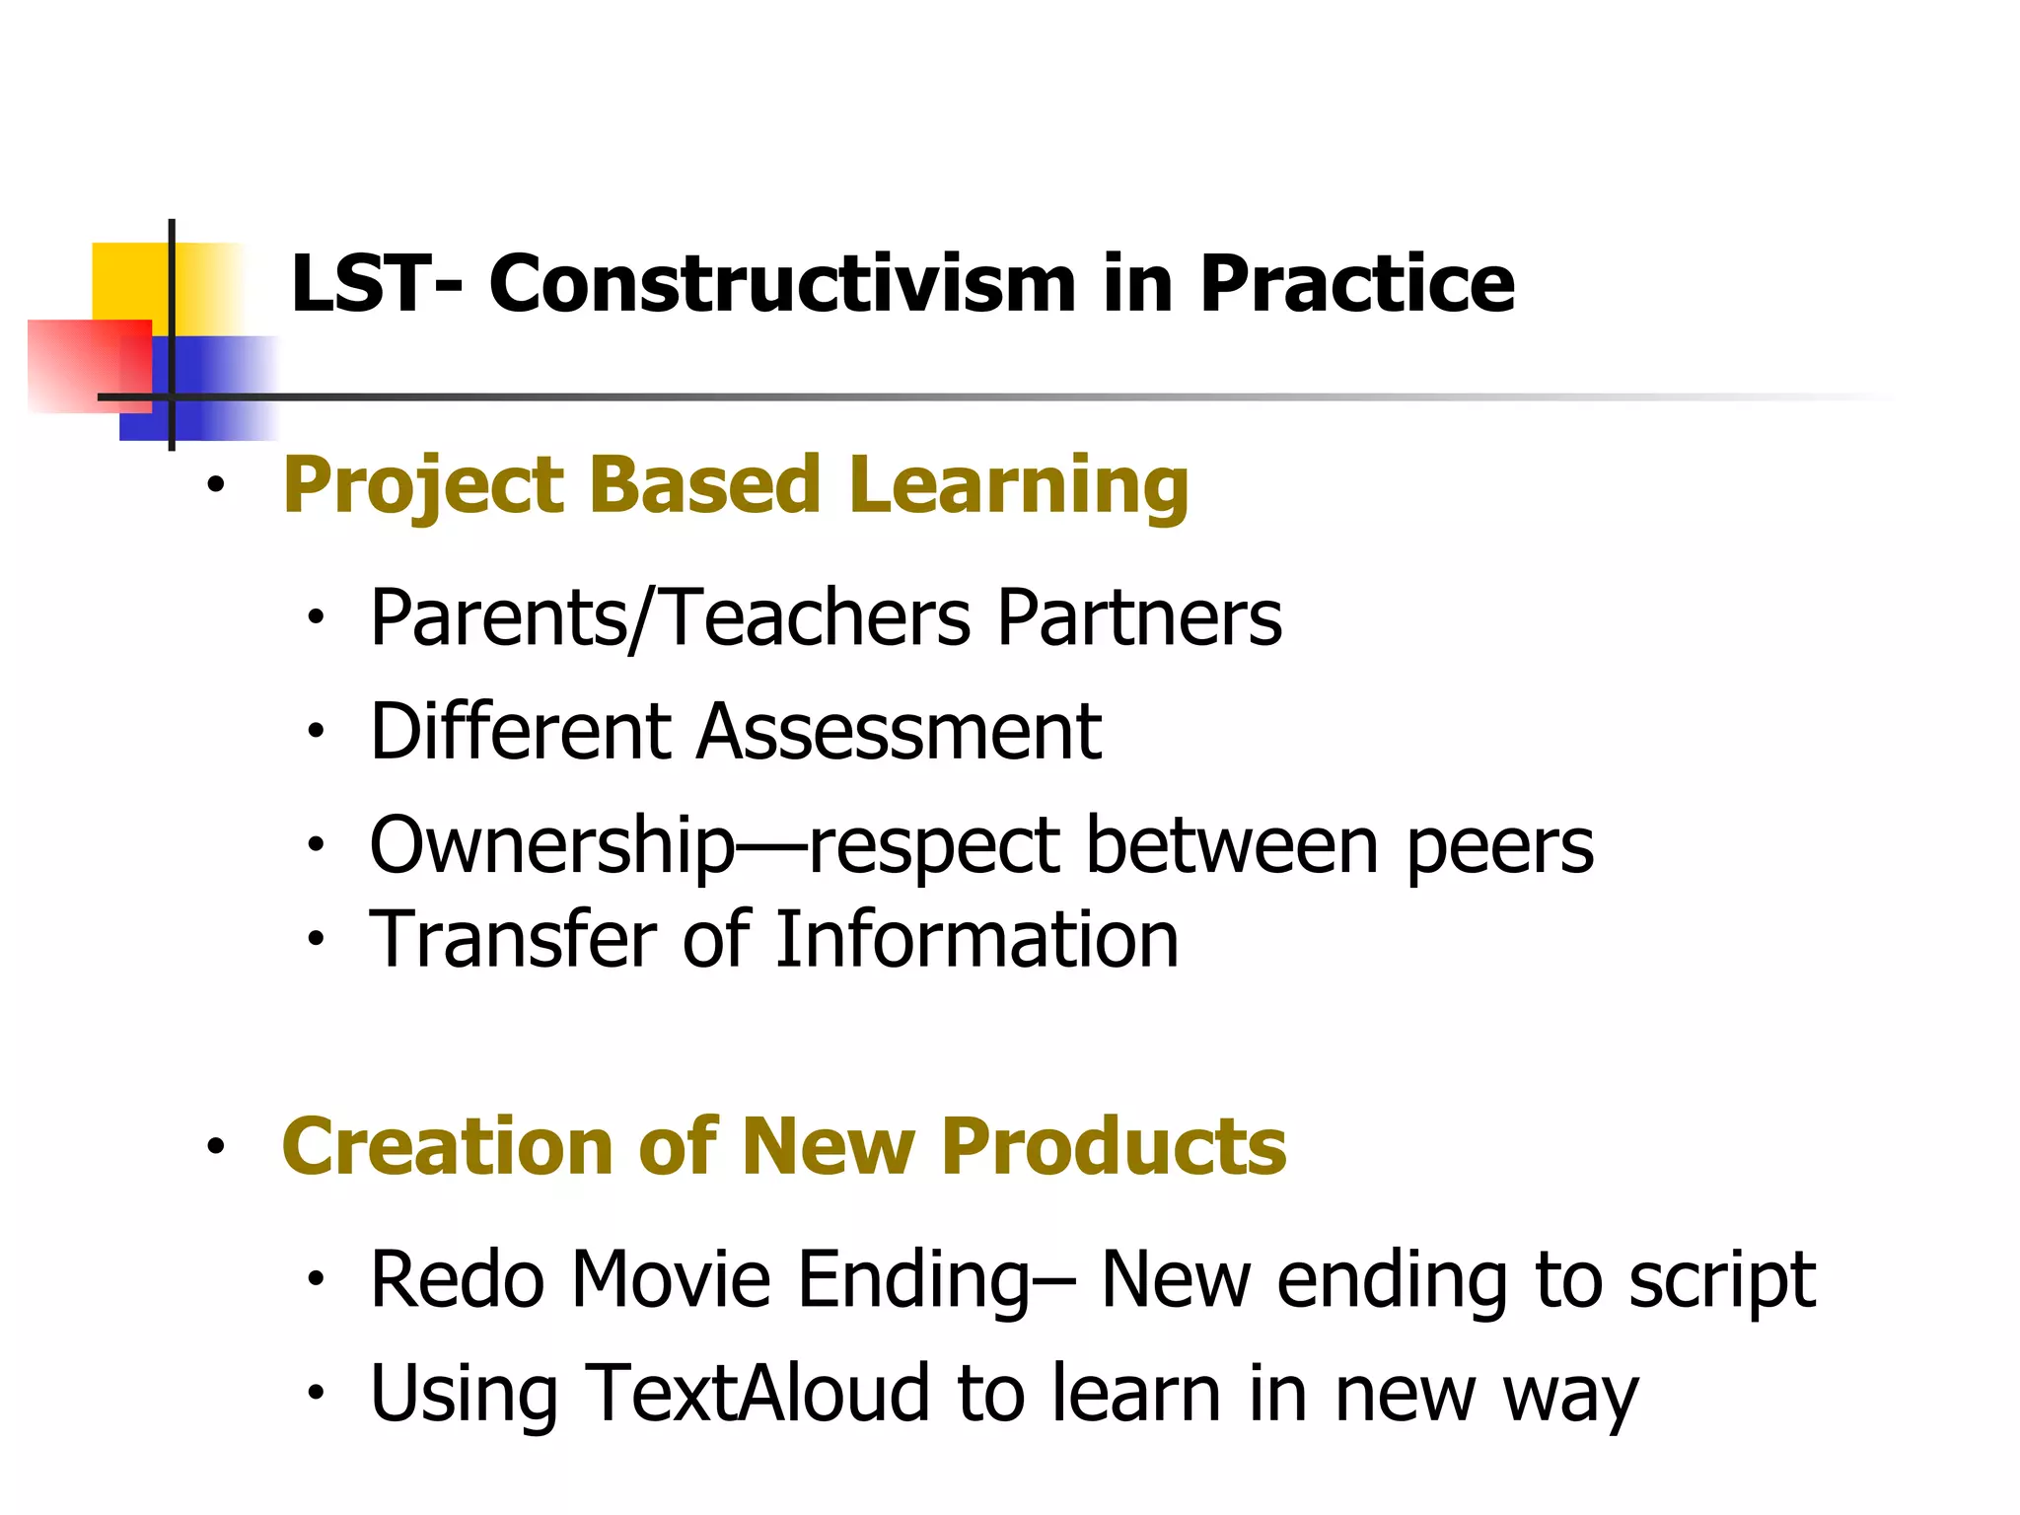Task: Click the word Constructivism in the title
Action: pos(782,284)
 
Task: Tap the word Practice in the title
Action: pos(1356,284)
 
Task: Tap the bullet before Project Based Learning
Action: pos(215,486)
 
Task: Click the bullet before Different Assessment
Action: pos(315,732)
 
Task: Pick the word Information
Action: pos(976,939)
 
